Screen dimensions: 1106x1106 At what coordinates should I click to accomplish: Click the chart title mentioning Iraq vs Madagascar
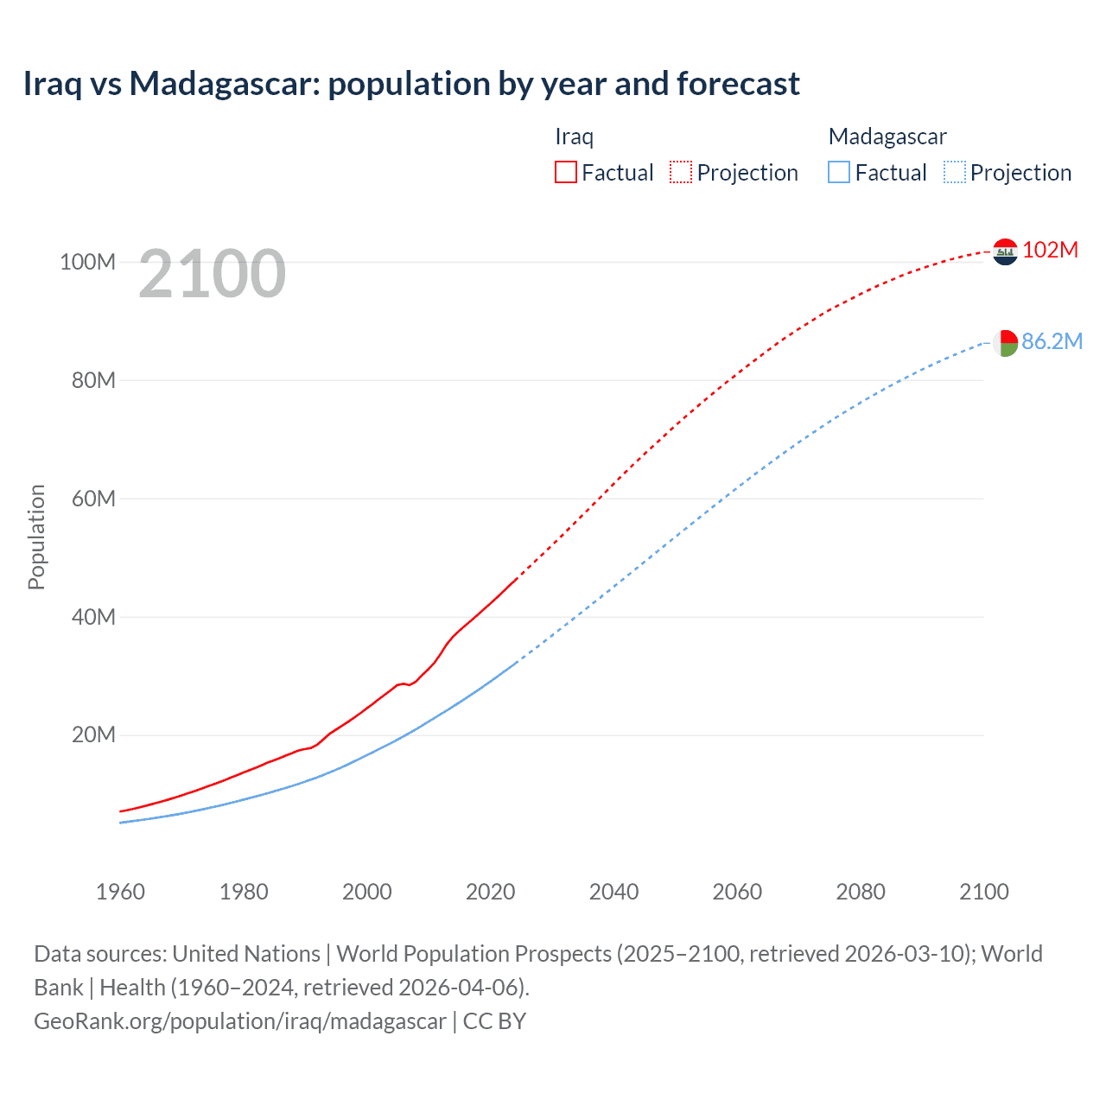411,84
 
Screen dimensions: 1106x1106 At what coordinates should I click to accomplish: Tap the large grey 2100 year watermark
212,274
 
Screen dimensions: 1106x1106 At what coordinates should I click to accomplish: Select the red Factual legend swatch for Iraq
566,172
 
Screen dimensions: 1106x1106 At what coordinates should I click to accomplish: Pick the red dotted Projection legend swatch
681,172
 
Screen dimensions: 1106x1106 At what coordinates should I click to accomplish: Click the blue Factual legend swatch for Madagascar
839,172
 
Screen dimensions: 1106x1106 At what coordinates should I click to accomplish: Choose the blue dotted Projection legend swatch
955,172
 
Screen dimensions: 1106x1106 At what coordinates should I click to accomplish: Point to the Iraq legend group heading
574,137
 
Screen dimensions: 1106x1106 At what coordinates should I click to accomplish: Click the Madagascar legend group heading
887,137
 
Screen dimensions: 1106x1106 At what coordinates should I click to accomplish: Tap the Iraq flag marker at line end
1005,251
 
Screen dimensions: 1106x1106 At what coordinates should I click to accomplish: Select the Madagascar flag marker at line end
1005,343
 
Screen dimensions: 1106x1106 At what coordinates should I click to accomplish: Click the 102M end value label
1050,250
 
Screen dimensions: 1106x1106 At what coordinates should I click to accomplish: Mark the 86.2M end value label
1052,341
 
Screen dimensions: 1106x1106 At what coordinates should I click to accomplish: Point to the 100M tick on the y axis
87,262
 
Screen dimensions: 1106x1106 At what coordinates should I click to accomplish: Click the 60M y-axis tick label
92,499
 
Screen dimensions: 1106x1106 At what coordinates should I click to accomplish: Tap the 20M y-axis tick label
92,735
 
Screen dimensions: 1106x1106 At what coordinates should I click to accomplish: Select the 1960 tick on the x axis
120,892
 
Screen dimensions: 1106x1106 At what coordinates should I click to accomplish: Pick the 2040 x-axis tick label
613,892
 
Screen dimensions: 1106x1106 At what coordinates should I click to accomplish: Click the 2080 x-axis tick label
861,892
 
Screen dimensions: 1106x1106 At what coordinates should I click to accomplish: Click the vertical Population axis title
36,537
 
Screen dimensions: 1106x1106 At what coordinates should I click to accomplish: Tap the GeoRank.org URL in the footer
240,1021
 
